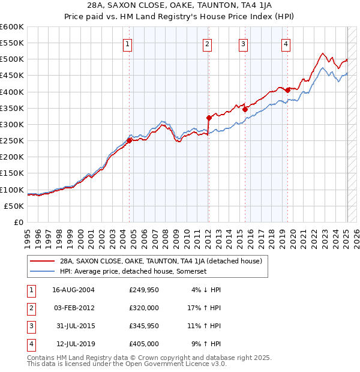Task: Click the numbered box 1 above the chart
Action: pos(128,44)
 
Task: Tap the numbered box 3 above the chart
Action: pos(244,44)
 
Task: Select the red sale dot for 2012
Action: pos(209,118)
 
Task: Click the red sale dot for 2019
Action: pos(287,90)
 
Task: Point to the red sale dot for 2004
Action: pos(129,140)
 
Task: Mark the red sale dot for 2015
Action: pos(245,109)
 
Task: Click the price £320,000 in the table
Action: pos(144,308)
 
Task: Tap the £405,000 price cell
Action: pos(144,344)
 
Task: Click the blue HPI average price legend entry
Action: pos(133,271)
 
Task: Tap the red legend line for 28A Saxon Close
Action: pos(42,261)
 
